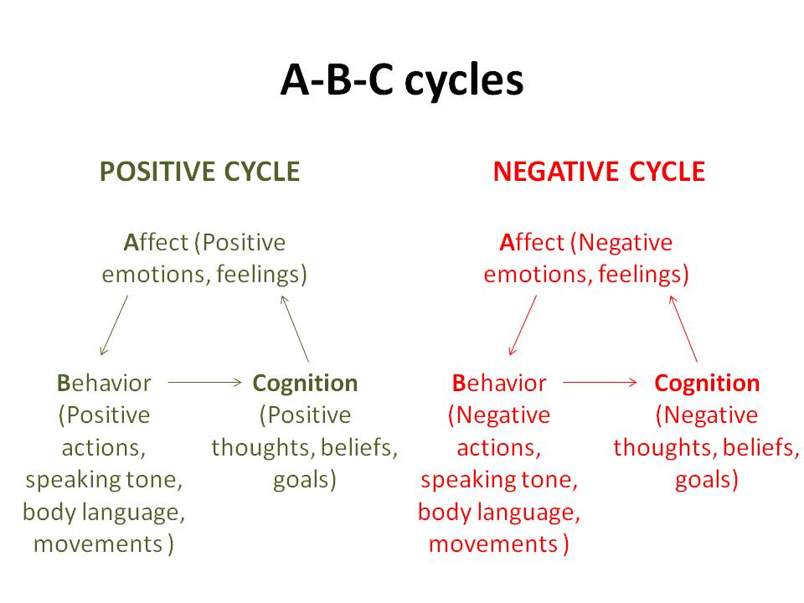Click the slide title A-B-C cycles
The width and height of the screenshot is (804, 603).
(x=401, y=81)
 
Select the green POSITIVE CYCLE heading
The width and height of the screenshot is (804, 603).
(x=199, y=172)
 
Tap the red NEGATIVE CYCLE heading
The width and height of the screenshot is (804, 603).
(x=599, y=172)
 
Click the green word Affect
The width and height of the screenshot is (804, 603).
(x=157, y=243)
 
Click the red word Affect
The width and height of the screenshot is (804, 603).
(x=533, y=243)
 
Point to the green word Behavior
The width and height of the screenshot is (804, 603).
(x=105, y=384)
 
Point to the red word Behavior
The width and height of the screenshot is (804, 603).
(x=499, y=384)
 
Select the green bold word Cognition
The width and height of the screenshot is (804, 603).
(x=305, y=384)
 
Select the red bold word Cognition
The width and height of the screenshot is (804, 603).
(x=707, y=384)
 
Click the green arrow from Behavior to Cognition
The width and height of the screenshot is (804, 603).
(x=204, y=382)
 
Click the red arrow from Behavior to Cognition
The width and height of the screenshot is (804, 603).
(x=600, y=382)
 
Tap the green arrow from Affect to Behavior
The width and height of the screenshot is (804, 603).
(x=114, y=325)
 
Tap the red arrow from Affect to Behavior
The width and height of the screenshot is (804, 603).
(x=523, y=325)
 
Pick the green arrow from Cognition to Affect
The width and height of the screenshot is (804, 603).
(x=295, y=327)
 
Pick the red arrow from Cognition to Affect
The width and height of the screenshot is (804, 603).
(x=683, y=327)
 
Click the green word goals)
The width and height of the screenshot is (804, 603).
(x=305, y=481)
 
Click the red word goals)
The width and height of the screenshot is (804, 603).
(x=707, y=481)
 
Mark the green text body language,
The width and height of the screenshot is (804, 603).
(x=105, y=512)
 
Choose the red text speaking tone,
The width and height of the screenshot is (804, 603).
(x=499, y=481)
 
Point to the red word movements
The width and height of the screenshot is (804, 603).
(x=492, y=544)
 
